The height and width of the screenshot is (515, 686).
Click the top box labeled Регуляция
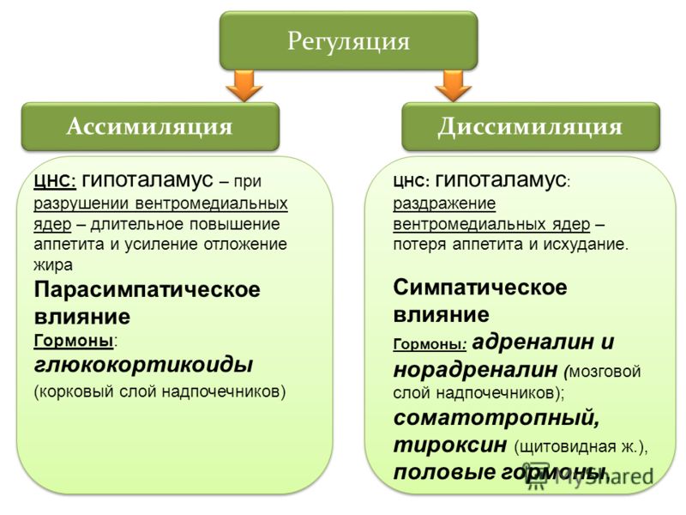point(348,40)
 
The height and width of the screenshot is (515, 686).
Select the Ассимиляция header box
point(150,126)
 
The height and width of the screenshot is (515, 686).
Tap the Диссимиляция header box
point(530,126)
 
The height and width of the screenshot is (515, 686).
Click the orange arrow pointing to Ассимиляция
point(244,86)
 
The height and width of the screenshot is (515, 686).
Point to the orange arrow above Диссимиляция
point(454,86)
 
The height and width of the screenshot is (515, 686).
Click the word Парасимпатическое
point(147,289)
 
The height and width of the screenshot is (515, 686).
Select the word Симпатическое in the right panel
point(480,288)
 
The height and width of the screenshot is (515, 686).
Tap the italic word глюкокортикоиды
point(143,364)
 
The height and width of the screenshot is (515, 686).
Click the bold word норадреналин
point(476,370)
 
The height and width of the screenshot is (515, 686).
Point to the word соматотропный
point(496,418)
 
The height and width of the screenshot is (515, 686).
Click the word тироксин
point(449,445)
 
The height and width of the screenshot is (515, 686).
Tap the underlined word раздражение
point(444,203)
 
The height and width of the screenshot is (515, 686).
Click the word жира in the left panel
point(53,265)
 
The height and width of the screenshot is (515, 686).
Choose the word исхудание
point(586,244)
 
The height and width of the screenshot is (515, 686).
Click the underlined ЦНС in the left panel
point(55,181)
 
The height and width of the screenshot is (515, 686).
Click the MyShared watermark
point(591,476)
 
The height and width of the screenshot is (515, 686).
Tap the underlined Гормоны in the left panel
point(74,340)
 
